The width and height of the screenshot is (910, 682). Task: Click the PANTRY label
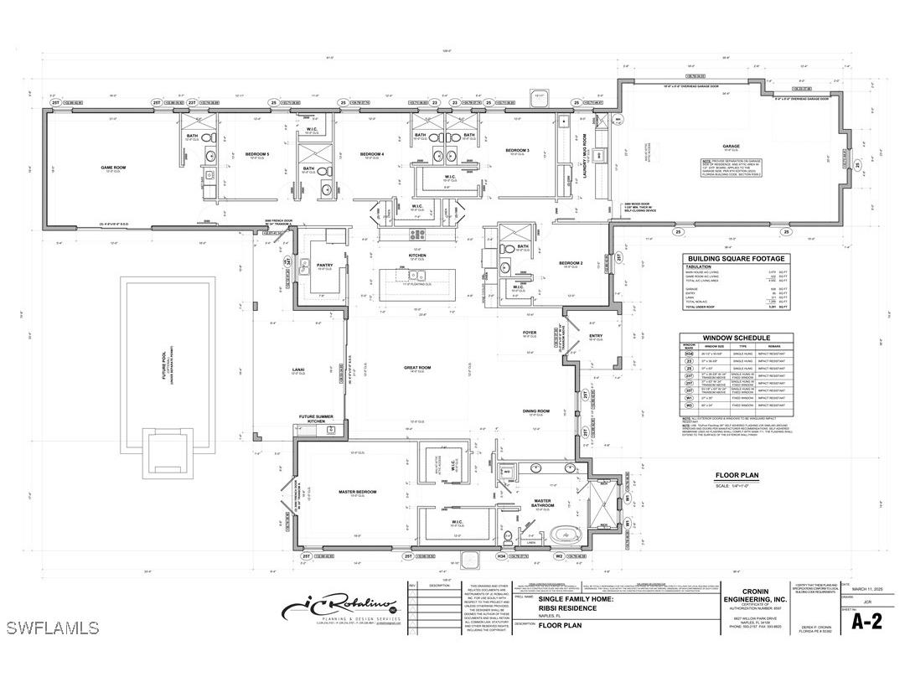pos(324,265)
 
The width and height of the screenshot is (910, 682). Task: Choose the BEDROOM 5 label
pos(257,154)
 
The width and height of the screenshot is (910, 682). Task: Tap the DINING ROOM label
pos(536,411)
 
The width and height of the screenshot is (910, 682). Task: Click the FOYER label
pos(530,333)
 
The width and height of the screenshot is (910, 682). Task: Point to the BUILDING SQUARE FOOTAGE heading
pos(735,259)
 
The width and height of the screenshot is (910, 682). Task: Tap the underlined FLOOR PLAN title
pos(737,476)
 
